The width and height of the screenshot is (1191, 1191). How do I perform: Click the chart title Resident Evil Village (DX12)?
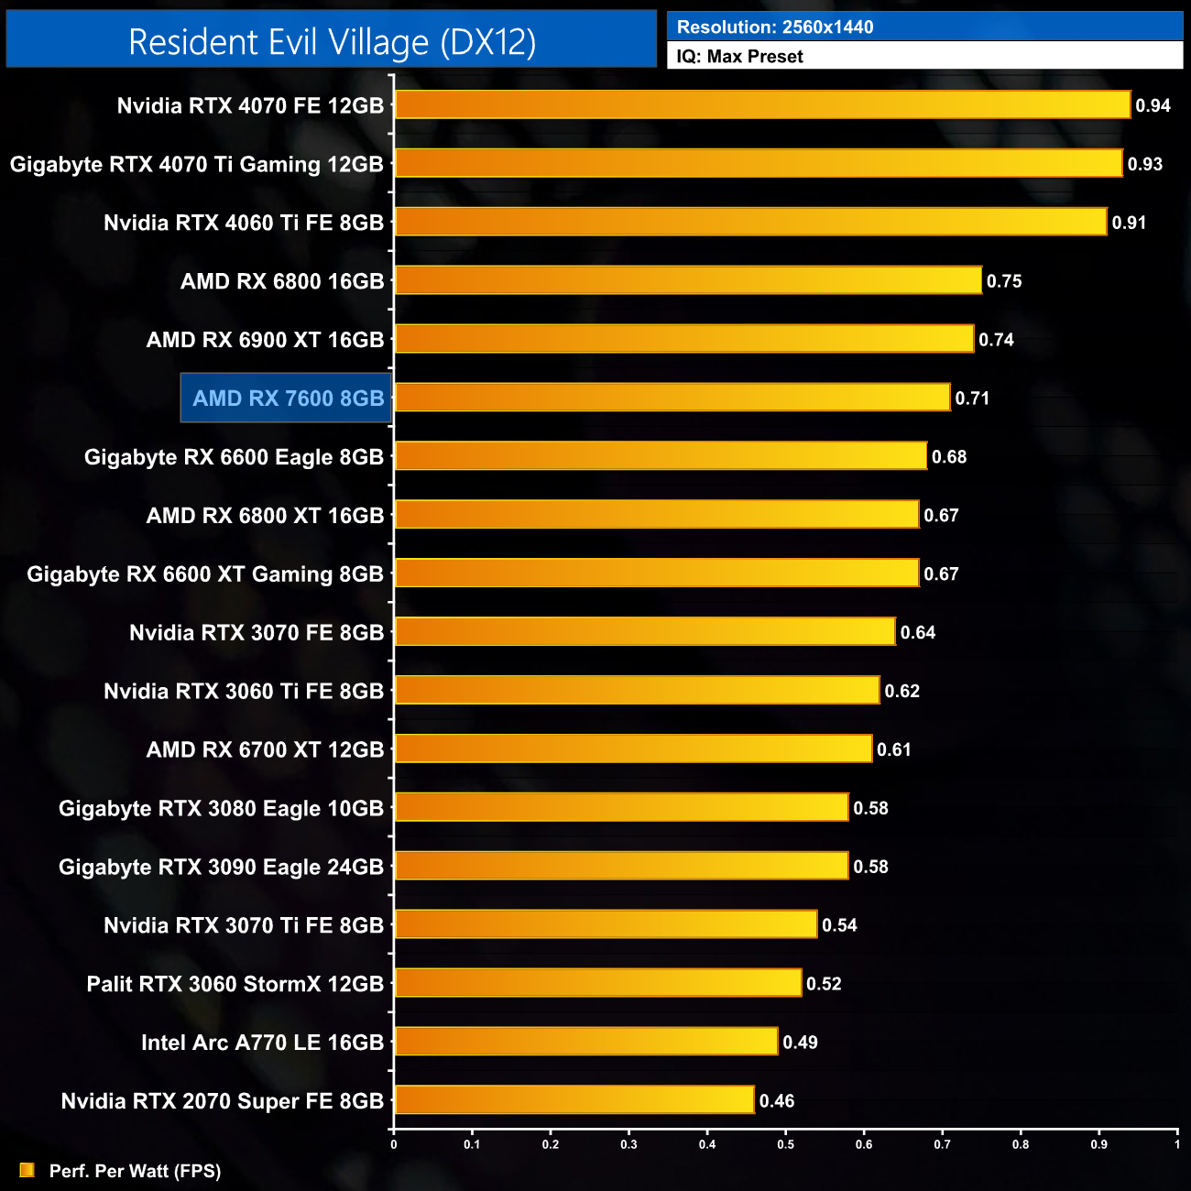point(332,42)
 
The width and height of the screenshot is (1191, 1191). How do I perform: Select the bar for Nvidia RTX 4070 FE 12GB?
point(762,104)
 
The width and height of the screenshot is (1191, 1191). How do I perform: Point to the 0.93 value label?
point(1144,164)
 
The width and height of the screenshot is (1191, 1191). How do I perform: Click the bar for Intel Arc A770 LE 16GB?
point(586,1041)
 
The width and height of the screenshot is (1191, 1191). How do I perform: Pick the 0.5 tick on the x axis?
point(786,1144)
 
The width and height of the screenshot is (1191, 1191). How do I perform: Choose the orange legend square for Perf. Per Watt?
point(27,1170)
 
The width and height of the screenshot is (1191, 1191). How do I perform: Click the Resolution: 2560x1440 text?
point(775,27)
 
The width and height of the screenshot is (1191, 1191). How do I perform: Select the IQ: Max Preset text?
point(739,57)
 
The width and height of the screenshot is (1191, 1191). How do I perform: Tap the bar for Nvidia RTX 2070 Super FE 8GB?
point(574,1099)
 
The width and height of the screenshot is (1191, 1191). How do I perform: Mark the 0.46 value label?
point(777,1101)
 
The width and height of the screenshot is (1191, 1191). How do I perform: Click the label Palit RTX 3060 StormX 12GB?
point(235,984)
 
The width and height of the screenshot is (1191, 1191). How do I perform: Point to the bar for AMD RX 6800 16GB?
point(688,280)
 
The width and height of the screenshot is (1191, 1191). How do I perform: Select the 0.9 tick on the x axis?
point(1098,1144)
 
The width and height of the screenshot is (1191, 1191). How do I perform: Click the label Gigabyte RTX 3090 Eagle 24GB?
point(221,867)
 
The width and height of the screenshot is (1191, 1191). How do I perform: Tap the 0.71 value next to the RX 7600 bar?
point(972,399)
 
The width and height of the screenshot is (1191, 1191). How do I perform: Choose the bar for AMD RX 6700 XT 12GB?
point(633,748)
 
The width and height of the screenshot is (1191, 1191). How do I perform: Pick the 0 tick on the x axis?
point(394,1144)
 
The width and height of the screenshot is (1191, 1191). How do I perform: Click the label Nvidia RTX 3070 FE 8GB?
point(257,632)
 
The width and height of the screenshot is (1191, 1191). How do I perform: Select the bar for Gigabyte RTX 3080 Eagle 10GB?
point(621,807)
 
